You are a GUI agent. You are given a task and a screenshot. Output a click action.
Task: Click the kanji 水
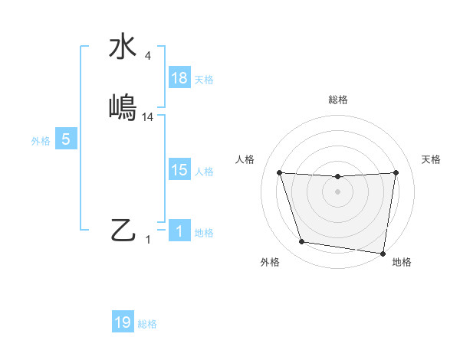pos(123,47)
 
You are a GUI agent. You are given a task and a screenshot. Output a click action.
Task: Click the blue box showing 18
pos(179,78)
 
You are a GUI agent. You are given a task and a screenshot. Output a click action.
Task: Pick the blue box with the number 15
pos(179,170)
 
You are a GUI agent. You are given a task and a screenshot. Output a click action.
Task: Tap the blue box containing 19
pos(123,322)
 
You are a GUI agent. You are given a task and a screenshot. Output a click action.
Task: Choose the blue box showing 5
pos(66,139)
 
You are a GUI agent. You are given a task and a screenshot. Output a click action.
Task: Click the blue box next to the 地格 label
pos(179,231)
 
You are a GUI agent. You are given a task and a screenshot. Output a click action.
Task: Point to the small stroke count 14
pos(148,117)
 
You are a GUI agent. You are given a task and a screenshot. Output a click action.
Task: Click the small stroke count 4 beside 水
pos(148,56)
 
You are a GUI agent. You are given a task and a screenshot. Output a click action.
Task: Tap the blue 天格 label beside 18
pos(204,80)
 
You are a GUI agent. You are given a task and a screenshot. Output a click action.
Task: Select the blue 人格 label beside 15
pos(204,172)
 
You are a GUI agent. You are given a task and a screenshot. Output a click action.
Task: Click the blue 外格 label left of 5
pos(41,141)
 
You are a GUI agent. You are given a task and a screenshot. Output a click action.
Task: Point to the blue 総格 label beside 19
pos(147,324)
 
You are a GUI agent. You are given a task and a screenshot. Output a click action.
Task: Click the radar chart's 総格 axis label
pos(337,100)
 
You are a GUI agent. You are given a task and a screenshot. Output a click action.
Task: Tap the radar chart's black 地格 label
pos(402,262)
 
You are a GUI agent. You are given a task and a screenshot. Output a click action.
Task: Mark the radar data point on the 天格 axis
pos(396,172)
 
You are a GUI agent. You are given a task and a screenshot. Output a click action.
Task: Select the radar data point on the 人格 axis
pos(279,172)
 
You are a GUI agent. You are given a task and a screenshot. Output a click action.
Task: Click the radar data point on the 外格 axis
pos(301,242)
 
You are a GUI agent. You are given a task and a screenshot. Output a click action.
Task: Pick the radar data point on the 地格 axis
pos(383,253)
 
